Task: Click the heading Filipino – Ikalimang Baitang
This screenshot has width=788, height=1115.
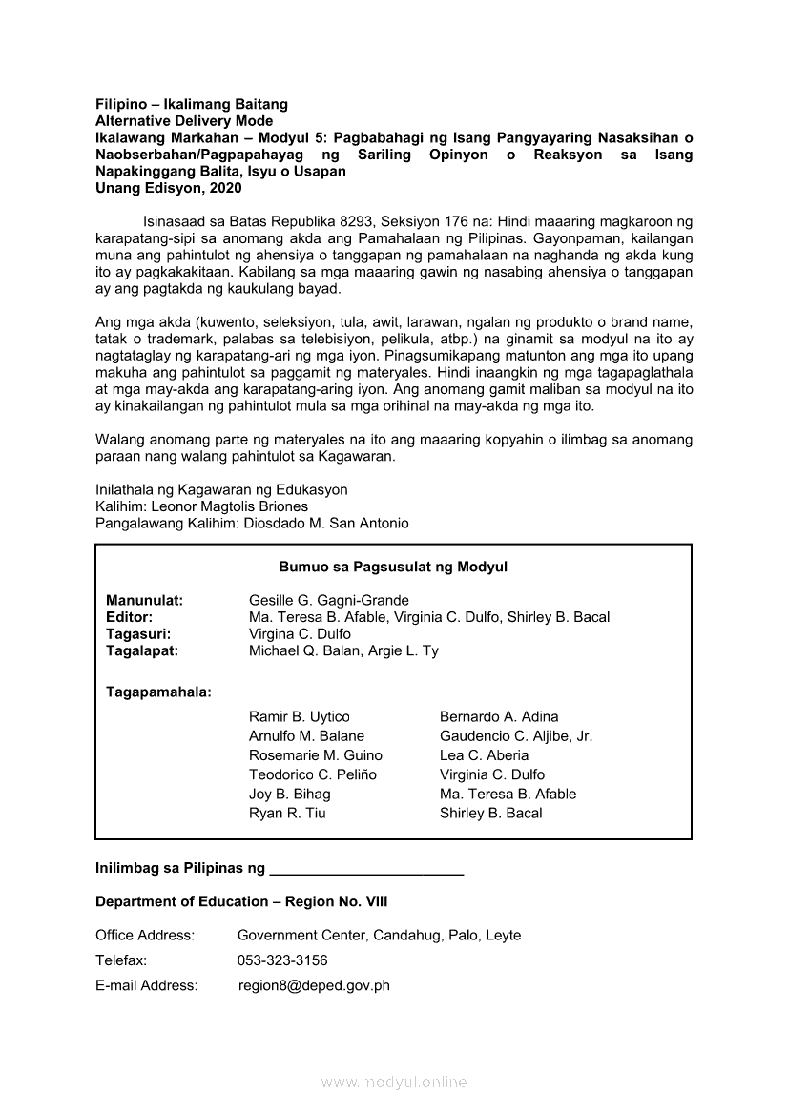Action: click(x=191, y=104)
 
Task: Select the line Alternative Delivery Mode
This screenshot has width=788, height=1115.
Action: click(x=184, y=121)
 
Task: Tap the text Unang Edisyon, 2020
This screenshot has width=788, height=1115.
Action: click(x=169, y=189)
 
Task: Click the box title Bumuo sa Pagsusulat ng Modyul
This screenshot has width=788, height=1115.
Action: click(x=393, y=567)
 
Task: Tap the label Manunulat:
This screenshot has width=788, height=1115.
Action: click(x=145, y=600)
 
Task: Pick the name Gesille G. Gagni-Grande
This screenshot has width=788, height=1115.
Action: click(x=329, y=600)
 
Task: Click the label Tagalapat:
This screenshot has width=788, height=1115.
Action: click(x=142, y=651)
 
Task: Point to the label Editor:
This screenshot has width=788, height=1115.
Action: click(x=129, y=617)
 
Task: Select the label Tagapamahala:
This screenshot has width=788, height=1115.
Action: click(x=158, y=692)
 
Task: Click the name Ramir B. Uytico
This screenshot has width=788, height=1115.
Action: click(x=300, y=716)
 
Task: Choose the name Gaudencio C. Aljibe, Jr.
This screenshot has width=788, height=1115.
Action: click(x=516, y=736)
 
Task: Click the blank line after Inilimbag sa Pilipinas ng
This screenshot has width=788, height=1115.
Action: click(x=367, y=869)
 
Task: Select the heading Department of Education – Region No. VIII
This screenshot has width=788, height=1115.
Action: click(x=241, y=901)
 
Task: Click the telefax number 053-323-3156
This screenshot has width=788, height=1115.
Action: click(x=282, y=960)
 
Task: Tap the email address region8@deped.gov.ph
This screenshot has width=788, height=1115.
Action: click(x=314, y=986)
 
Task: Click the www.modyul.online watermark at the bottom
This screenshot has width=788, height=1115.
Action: click(x=394, y=1083)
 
